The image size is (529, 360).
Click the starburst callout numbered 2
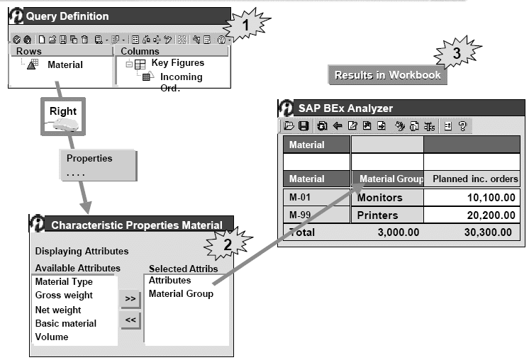pyautogui.click(x=227, y=244)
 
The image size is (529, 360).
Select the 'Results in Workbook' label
pyautogui.click(x=387, y=75)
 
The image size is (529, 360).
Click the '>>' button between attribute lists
pyautogui.click(x=130, y=299)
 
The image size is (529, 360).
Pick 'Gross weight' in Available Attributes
pyautogui.click(x=64, y=296)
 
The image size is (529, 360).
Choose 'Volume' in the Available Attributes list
pyautogui.click(x=52, y=337)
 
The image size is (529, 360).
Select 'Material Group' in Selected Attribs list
pyautogui.click(x=181, y=293)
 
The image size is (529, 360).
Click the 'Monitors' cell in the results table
pyautogui.click(x=379, y=198)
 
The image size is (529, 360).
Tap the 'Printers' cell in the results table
pyautogui.click(x=378, y=215)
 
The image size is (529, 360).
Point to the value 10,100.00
pyautogui.click(x=486, y=198)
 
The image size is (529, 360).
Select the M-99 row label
pyautogui.click(x=303, y=215)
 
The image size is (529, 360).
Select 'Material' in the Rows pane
pyautogui.click(x=65, y=64)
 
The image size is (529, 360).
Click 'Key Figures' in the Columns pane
pyautogui.click(x=177, y=63)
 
